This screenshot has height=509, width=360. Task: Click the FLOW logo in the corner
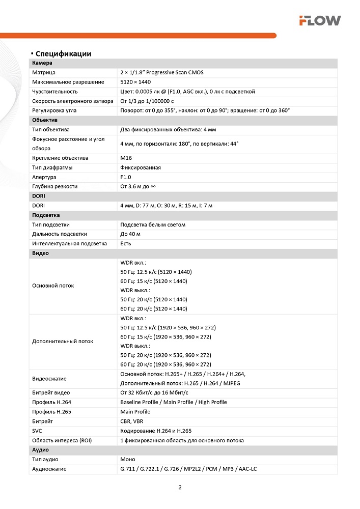tap(319, 20)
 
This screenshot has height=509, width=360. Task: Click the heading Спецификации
tap(63, 53)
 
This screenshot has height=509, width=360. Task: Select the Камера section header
tap(42, 63)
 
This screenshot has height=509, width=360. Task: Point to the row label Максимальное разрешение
tap(68, 82)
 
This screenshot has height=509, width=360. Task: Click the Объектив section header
tap(45, 120)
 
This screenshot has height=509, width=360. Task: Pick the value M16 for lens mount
tap(126, 158)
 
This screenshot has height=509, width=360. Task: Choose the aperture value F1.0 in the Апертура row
tap(126, 177)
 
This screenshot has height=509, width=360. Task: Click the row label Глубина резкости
tap(55, 186)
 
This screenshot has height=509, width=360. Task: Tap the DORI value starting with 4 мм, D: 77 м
tap(166, 205)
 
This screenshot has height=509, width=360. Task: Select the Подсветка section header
tap(46, 215)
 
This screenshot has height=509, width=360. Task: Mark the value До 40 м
tap(130, 234)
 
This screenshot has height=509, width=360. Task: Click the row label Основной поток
tap(53, 286)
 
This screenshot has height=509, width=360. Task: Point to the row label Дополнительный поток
tap(63, 341)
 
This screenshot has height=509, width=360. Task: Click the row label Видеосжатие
tap(49, 379)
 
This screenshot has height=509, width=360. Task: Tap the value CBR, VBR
tap(131, 421)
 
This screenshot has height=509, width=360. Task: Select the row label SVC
tap(37, 431)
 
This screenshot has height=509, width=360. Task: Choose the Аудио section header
tap(41, 450)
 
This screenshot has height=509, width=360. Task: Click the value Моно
tap(128, 459)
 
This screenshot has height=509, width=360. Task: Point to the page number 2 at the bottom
tap(180, 487)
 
